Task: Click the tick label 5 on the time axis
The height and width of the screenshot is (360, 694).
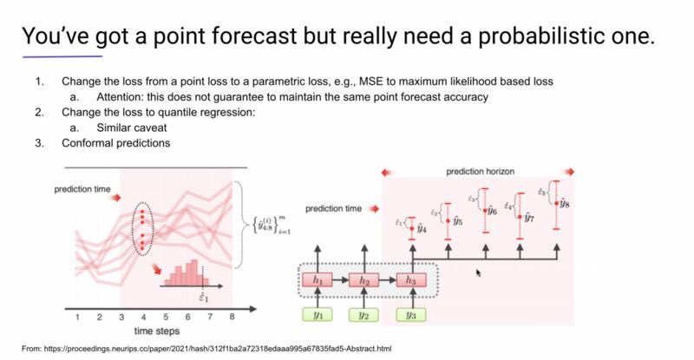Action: (165, 317)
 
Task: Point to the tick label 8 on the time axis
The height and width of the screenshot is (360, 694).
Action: (232, 317)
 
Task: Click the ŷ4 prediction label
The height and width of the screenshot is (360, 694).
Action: (420, 229)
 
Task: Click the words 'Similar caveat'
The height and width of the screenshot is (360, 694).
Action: (121, 128)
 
